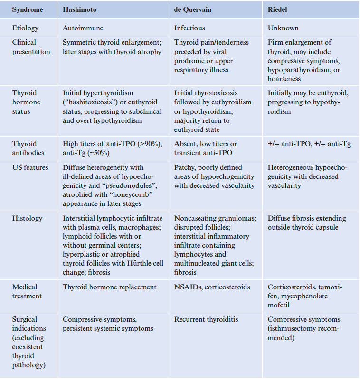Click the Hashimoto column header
click(x=79, y=9)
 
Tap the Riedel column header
click(x=277, y=9)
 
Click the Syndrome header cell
click(x=28, y=9)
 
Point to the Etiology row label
click(x=25, y=28)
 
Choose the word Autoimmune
click(x=83, y=28)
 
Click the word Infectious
click(x=189, y=28)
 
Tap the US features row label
click(x=29, y=167)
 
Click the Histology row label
click(x=27, y=218)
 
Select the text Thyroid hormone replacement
click(x=110, y=287)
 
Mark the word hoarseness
click(x=284, y=79)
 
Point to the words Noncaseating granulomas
click(x=215, y=218)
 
